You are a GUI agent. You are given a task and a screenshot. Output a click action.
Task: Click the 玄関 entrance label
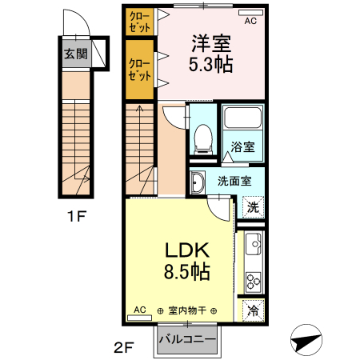pyautogui.click(x=76, y=55)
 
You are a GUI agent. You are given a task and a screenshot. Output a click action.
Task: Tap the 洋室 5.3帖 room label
pyautogui.click(x=212, y=54)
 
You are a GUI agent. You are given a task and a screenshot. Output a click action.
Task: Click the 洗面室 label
pyautogui.click(x=234, y=180)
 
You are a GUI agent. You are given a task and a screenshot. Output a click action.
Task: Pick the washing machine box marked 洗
pyautogui.click(x=252, y=206)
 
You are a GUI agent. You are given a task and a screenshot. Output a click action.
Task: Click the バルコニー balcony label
pyautogui.click(x=187, y=339)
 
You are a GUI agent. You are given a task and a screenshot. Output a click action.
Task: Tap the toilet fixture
pyautogui.click(x=202, y=137)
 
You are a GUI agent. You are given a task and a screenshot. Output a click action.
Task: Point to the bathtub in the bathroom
pyautogui.click(x=242, y=119)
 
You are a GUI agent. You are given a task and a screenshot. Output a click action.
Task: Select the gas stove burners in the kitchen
pyautogui.click(x=253, y=282)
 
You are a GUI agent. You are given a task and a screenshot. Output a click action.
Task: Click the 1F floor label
pyautogui.click(x=76, y=214)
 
